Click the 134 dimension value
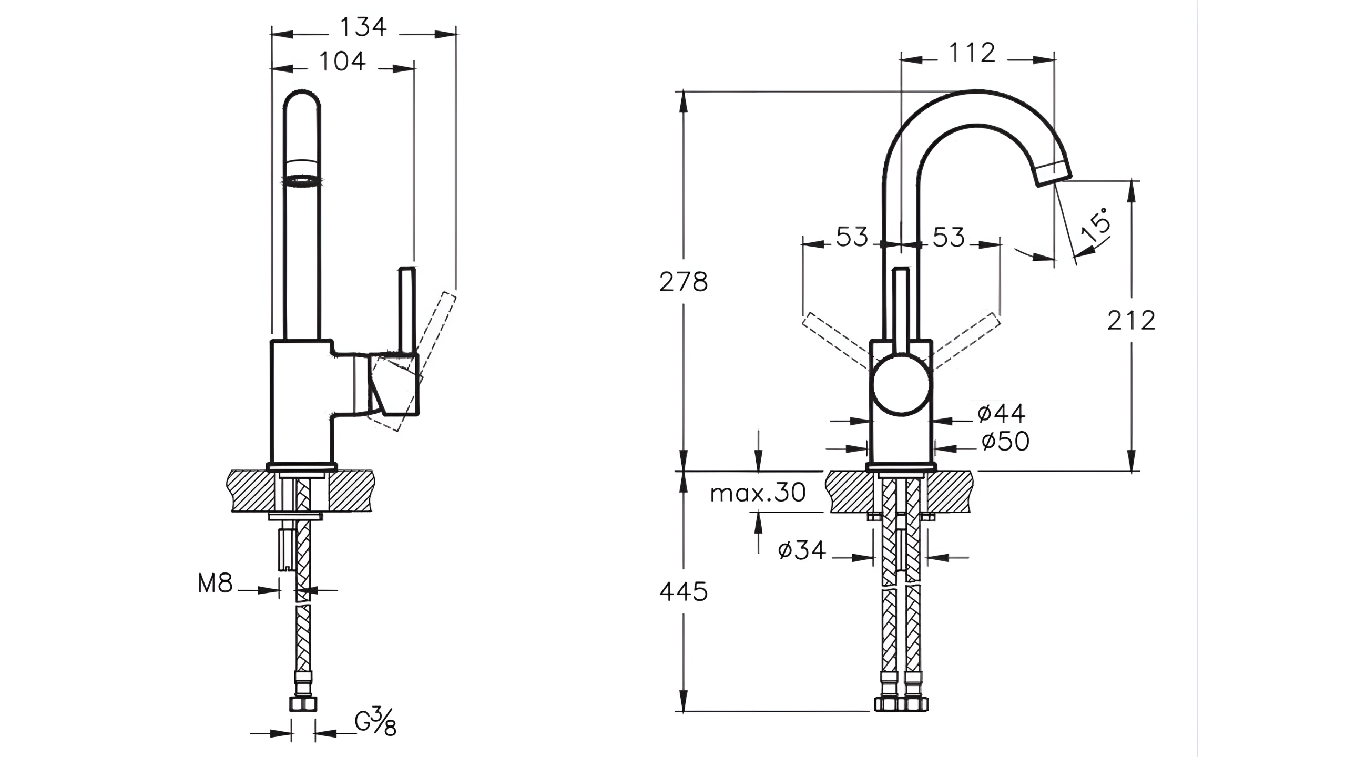[x=363, y=27]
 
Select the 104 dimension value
[x=342, y=62]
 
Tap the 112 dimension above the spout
[x=972, y=53]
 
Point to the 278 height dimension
[x=684, y=282]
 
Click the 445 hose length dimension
[x=684, y=592]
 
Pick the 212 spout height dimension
[x=1131, y=321]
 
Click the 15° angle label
[x=1096, y=225]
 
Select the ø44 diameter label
[x=1001, y=414]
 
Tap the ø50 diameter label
[x=1005, y=442]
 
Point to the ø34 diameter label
[x=801, y=550]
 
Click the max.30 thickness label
[x=758, y=493]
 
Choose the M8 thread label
[x=215, y=584]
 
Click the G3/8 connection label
[x=375, y=723]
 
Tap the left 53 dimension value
[x=852, y=237]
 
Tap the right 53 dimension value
[x=949, y=238]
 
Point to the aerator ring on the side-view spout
[x=302, y=182]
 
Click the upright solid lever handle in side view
[x=408, y=310]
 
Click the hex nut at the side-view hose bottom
[x=303, y=704]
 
